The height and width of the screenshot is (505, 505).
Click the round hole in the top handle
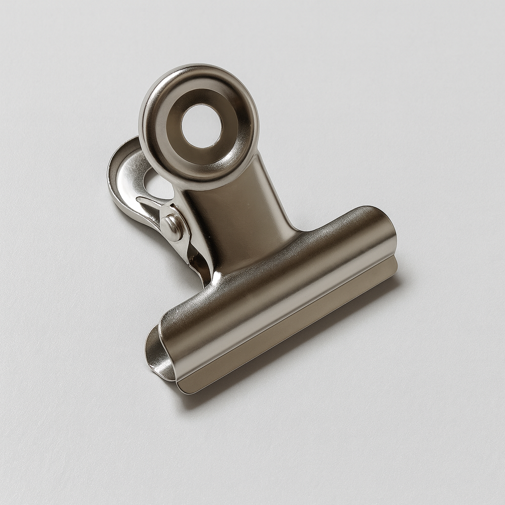(x=201, y=126)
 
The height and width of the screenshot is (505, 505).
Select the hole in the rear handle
(x=157, y=185)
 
